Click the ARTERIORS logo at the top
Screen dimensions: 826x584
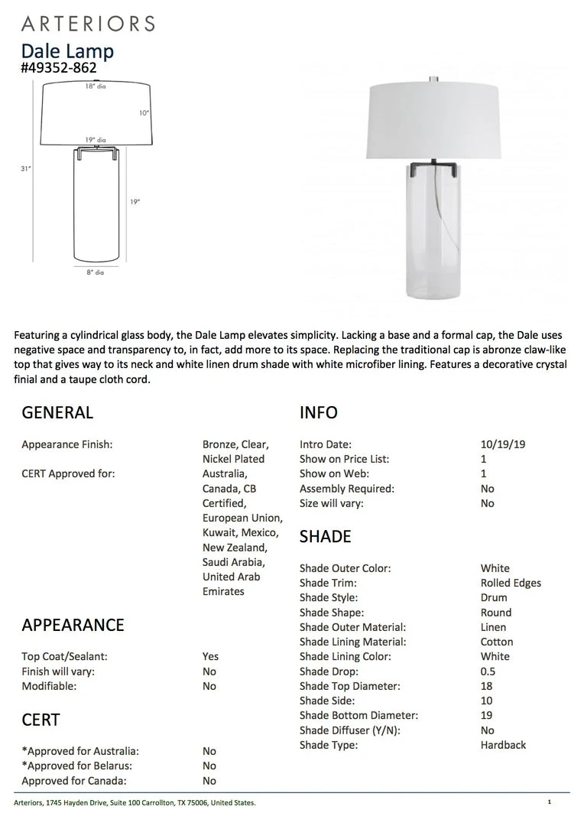pyautogui.click(x=88, y=23)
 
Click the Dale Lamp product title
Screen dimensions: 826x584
pyautogui.click(x=67, y=51)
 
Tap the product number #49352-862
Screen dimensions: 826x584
pyautogui.click(x=59, y=68)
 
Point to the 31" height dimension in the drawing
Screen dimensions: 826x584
pyautogui.click(x=26, y=168)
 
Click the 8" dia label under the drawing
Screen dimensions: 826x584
pyautogui.click(x=95, y=272)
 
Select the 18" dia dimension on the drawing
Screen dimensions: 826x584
pyautogui.click(x=95, y=86)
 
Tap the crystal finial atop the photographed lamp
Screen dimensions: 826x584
pyautogui.click(x=433, y=78)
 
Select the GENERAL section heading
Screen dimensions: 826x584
pyautogui.click(x=57, y=413)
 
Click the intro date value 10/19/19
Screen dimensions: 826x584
pyautogui.click(x=503, y=444)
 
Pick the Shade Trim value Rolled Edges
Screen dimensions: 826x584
pyautogui.click(x=511, y=583)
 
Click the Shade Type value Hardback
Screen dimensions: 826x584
pyautogui.click(x=503, y=745)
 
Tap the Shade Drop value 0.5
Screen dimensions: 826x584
pyautogui.click(x=488, y=672)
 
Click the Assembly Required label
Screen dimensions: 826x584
pyautogui.click(x=347, y=489)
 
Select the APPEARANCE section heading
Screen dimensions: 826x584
pyautogui.click(x=73, y=625)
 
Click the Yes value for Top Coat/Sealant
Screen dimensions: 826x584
pyautogui.click(x=210, y=656)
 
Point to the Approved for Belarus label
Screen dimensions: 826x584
pyautogui.click(x=76, y=766)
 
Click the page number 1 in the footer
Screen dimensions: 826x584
pyautogui.click(x=549, y=802)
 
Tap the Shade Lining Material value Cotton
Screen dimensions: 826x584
pyautogui.click(x=497, y=642)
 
